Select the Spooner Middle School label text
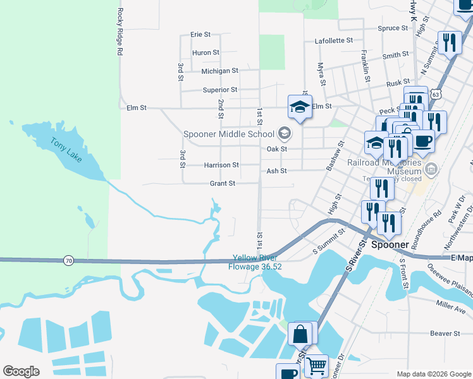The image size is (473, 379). [x=228, y=133]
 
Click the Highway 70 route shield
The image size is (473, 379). [x=68, y=260]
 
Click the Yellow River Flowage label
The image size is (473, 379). [x=257, y=262]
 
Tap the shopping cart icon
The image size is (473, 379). [x=317, y=364]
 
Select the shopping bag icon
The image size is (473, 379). [x=300, y=332]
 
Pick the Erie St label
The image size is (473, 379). [x=200, y=34]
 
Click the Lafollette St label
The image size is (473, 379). [x=333, y=40]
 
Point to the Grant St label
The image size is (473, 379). [x=223, y=183]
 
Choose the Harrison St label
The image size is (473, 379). [x=221, y=165]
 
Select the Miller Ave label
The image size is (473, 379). [x=451, y=304]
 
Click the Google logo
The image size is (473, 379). [x=21, y=371]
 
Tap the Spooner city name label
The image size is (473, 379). [x=391, y=244]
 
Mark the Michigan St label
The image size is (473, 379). [x=219, y=71]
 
